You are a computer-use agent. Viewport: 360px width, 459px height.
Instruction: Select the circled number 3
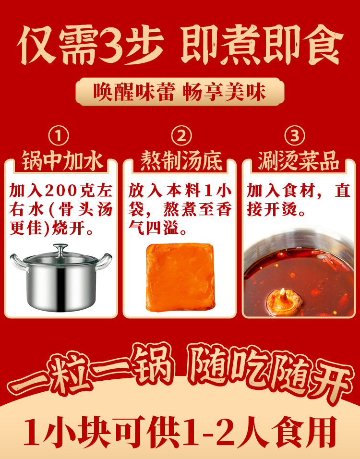coord(300,136)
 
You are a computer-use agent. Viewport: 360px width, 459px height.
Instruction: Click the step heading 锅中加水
coord(61,161)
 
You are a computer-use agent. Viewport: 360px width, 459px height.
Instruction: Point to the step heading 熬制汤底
coord(181,161)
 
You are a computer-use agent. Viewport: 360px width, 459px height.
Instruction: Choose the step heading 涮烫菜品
coord(299,161)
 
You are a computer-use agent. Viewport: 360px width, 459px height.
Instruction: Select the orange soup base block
coord(180,277)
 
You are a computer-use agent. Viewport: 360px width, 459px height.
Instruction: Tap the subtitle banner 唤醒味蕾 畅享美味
coord(180,92)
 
